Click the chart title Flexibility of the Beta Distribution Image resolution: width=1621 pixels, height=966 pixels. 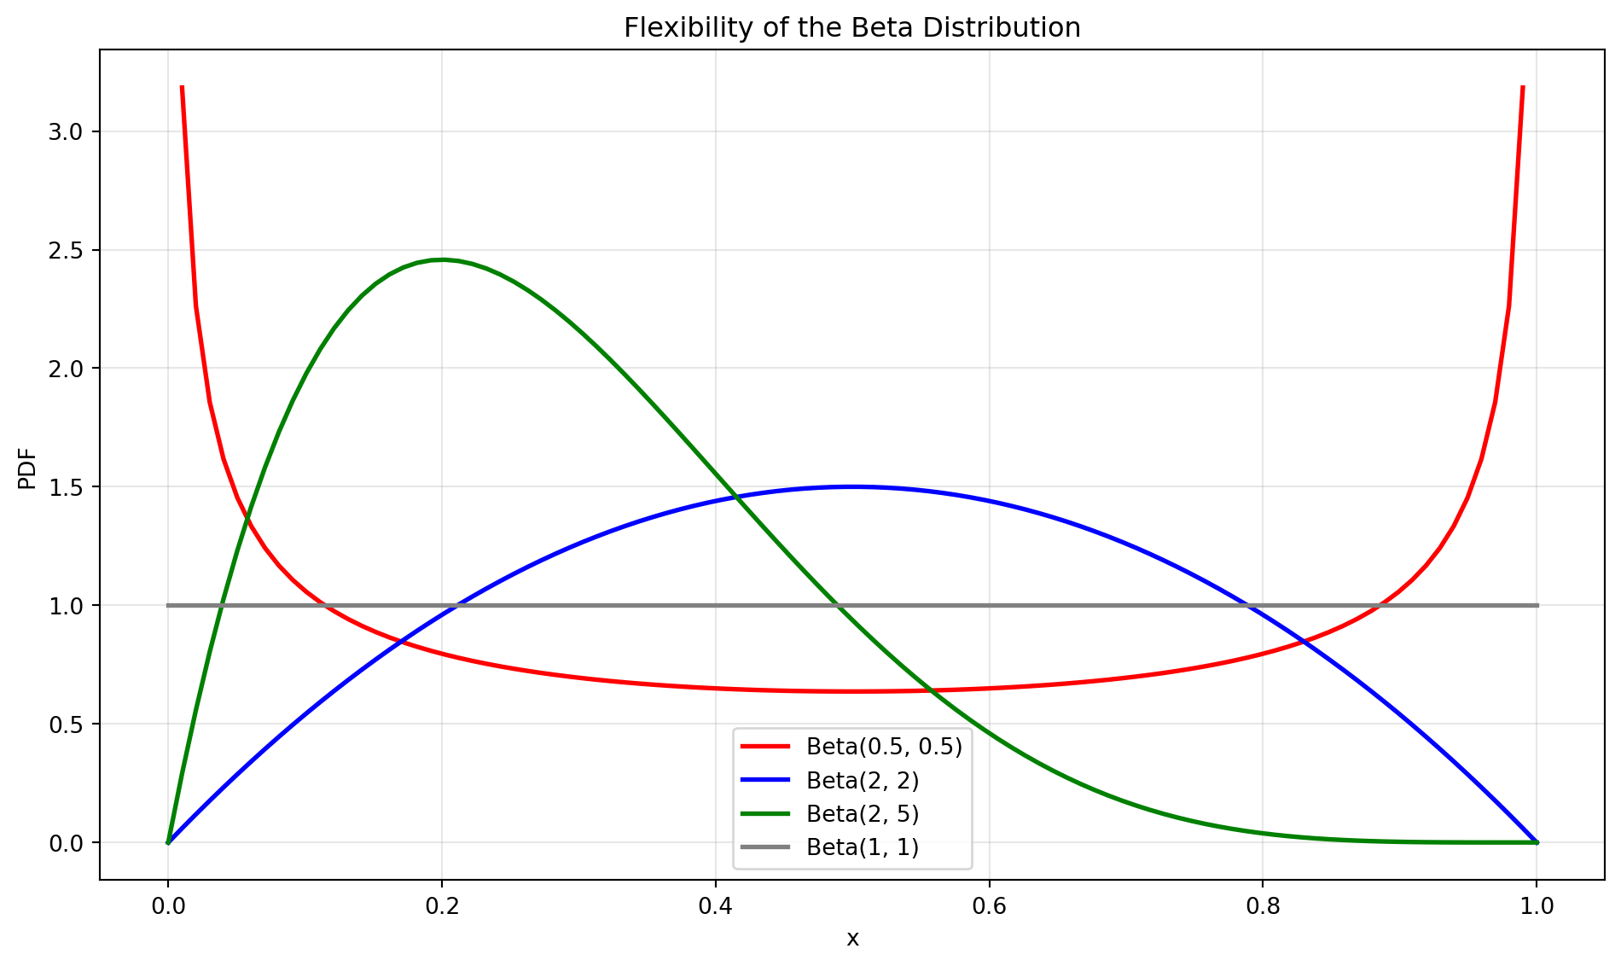coord(851,28)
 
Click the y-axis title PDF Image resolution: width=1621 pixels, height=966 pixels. coord(27,468)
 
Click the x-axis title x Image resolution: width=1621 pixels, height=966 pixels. coord(852,940)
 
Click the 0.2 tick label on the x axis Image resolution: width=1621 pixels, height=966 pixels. coord(442,904)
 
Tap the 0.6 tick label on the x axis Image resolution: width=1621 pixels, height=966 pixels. coord(990,904)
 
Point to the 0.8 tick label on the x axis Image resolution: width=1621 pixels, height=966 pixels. coord(1264,904)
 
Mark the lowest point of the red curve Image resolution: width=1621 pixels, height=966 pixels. coord(852,691)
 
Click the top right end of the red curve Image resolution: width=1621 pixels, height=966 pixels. coord(1523,86)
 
